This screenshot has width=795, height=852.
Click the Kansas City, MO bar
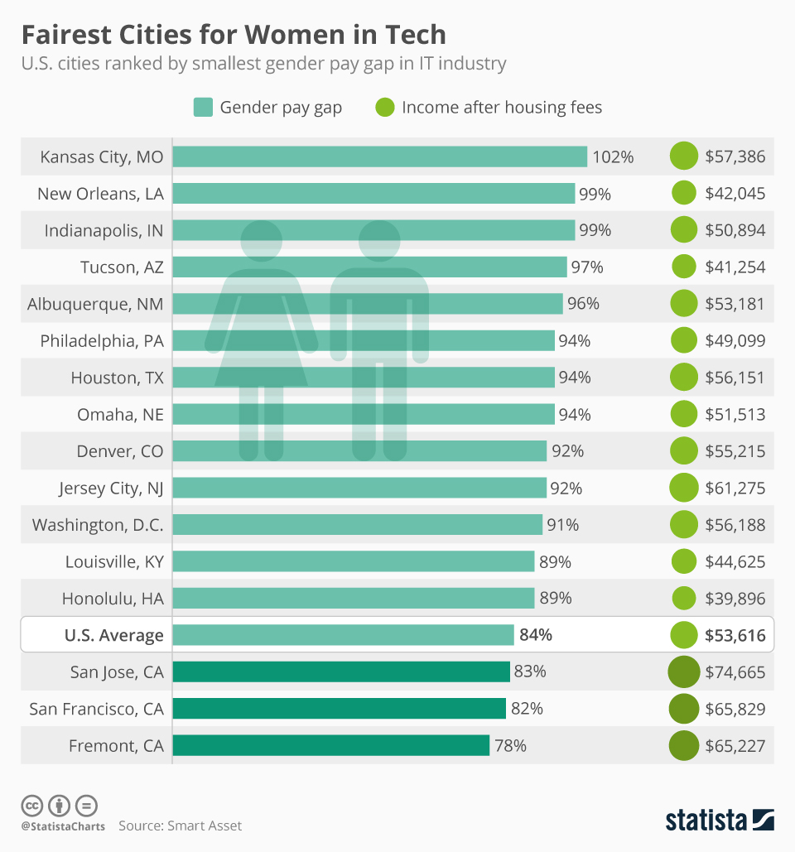tap(379, 156)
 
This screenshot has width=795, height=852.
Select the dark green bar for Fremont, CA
tap(331, 745)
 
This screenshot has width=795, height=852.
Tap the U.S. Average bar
tap(344, 635)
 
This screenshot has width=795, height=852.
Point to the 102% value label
tap(613, 156)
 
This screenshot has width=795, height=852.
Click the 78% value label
tap(510, 745)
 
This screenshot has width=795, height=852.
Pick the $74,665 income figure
tap(735, 671)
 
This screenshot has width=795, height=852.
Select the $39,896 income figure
tap(735, 598)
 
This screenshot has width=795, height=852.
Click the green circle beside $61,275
tap(684, 488)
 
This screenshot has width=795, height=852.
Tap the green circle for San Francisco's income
tap(684, 709)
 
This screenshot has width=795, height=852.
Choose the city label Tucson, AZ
tap(122, 267)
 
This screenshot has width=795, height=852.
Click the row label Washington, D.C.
tap(98, 524)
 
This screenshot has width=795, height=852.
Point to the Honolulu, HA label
tap(113, 598)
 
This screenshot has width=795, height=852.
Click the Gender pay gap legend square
tap(203, 108)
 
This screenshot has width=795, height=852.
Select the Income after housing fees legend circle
tap(384, 108)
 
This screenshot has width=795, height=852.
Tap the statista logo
tap(720, 820)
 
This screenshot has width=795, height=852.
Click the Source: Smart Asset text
tap(180, 826)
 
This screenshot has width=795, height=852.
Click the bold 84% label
tap(535, 635)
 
